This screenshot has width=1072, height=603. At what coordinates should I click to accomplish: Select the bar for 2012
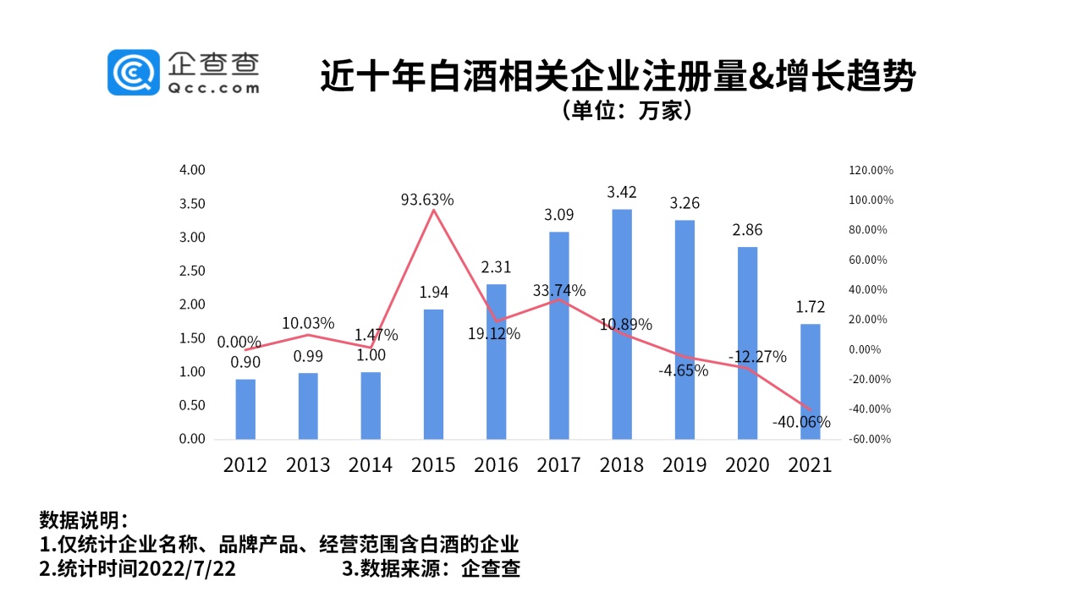point(245,409)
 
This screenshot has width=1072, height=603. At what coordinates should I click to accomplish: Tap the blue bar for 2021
point(811,381)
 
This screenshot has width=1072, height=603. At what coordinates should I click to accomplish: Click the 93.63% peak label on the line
point(427,200)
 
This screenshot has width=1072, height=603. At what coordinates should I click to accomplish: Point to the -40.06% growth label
point(801,421)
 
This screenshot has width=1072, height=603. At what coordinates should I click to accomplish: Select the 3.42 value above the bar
point(622,192)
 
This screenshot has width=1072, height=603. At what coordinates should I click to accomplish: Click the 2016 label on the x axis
point(496,465)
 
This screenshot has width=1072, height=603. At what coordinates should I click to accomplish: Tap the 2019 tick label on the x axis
point(684,465)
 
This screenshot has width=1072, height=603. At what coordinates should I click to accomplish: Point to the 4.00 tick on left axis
point(193,170)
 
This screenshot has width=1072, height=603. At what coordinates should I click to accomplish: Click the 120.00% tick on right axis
point(871,170)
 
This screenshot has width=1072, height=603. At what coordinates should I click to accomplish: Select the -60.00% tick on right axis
point(871,439)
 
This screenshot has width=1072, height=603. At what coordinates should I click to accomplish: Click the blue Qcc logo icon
point(133,72)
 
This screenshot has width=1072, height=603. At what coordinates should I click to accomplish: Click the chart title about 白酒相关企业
point(618,76)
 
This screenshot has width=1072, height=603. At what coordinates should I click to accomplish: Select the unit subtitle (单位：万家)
point(627,111)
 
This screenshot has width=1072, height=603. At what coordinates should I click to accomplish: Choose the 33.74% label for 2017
point(559,291)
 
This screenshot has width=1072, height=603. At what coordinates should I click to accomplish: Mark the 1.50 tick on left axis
point(193,338)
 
